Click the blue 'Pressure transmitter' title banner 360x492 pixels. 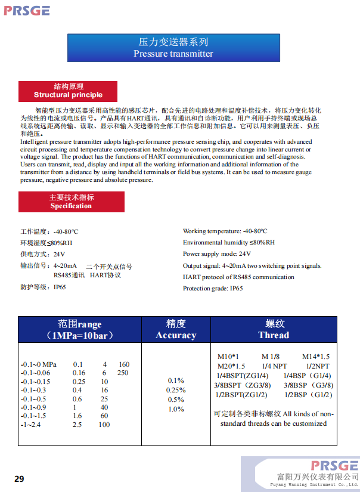coord(173,48)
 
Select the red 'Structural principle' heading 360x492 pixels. coord(68,91)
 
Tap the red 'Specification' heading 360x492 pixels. coord(71,202)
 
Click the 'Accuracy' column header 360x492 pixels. coord(176,330)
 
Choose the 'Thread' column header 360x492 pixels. coord(274,330)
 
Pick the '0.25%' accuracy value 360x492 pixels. coord(176,390)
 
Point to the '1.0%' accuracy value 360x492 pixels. coord(176,409)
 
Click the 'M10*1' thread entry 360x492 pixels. coord(228,357)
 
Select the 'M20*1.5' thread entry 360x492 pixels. coord(231,366)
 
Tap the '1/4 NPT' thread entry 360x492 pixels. coord(275,366)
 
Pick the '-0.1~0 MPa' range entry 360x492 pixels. coord(39,364)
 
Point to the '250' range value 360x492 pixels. coord(123,373)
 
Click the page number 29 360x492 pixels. coord(20,479)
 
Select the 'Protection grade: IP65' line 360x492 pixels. coord(213,289)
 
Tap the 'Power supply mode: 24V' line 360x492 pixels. coord(216,254)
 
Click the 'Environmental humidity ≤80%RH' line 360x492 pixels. coord(229,243)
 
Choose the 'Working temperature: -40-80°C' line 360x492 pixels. coord(225,231)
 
